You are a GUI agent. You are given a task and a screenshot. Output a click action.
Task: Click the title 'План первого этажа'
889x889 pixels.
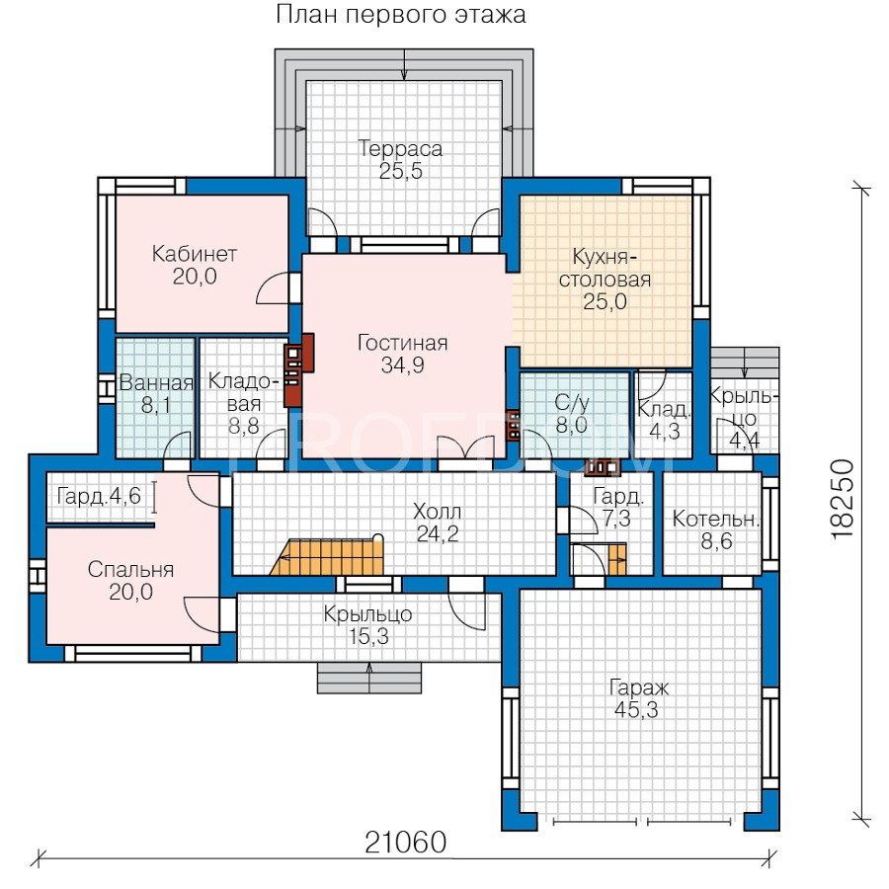[x=401, y=15]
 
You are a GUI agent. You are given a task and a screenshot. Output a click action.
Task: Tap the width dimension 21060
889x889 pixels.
[x=405, y=843]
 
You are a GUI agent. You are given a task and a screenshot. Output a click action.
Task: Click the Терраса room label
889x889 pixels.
[x=401, y=148]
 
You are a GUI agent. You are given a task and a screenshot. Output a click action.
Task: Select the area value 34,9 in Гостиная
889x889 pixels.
[x=403, y=365]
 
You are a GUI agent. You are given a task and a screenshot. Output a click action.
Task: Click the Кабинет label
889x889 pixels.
[x=194, y=254]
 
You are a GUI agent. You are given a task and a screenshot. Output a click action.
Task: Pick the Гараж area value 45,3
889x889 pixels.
[x=636, y=710]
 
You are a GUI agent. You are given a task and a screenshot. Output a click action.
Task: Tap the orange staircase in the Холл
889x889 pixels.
[x=327, y=557]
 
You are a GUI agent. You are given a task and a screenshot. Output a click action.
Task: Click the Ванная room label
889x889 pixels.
[x=156, y=383]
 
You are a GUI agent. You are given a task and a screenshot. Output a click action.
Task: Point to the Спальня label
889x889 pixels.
[x=130, y=569]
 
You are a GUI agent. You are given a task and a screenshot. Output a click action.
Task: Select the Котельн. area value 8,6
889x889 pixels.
[x=717, y=541]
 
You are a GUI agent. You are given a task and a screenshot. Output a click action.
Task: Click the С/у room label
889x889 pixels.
[x=572, y=403]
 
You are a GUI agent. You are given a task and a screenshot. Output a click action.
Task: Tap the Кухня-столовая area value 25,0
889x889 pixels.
[x=605, y=301]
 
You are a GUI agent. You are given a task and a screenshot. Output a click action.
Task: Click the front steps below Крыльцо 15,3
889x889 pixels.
[x=369, y=678]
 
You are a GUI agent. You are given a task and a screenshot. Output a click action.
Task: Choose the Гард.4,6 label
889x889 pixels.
[x=99, y=496]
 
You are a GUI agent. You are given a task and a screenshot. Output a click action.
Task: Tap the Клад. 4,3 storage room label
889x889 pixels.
[x=664, y=420]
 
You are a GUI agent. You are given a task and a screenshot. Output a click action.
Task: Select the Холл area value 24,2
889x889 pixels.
[x=438, y=534]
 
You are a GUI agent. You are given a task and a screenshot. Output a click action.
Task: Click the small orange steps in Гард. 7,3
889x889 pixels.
[x=616, y=559]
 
